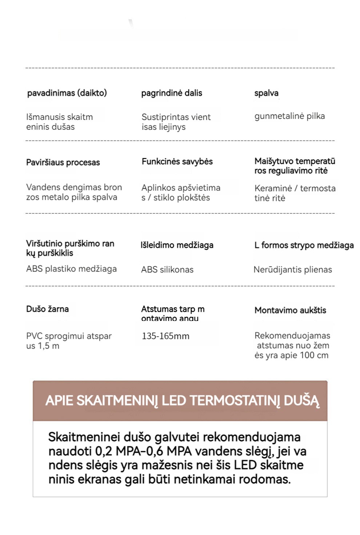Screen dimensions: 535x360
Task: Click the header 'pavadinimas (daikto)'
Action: [x=67, y=93]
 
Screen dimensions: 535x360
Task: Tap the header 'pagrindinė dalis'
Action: [x=172, y=93]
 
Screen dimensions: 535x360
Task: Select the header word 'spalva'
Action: [x=266, y=93]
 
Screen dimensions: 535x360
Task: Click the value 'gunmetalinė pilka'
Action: [x=289, y=116]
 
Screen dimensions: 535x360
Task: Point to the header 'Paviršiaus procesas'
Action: [x=63, y=162]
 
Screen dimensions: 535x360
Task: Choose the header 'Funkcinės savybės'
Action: [x=177, y=162]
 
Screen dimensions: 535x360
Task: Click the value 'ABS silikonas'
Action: [x=167, y=270]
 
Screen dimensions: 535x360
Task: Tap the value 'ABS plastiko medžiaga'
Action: [x=71, y=269]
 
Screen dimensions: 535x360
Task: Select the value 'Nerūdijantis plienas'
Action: [x=293, y=270]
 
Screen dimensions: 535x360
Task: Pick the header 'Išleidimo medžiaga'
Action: [x=177, y=245]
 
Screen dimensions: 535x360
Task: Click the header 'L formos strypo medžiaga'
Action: [x=304, y=245]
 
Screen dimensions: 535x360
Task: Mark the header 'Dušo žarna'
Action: [x=47, y=309]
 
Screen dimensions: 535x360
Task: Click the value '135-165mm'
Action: [x=165, y=336]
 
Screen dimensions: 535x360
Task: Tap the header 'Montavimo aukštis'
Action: [x=290, y=310]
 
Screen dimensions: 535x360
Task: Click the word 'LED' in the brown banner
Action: [x=174, y=401]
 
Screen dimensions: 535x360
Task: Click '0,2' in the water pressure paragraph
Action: [x=104, y=451]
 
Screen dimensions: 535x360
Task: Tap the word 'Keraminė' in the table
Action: [x=273, y=188]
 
